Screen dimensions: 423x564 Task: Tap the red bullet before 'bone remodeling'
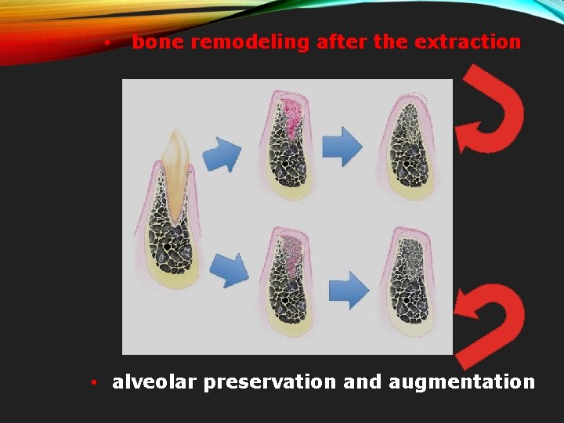(x=106, y=43)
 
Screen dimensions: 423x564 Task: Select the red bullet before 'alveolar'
(x=92, y=383)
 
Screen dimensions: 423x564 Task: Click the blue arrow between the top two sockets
(x=342, y=146)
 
